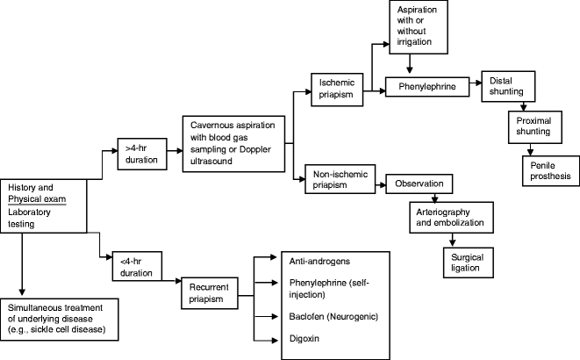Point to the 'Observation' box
[419, 185]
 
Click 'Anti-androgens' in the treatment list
[313, 261]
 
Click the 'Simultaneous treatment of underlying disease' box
[64, 317]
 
